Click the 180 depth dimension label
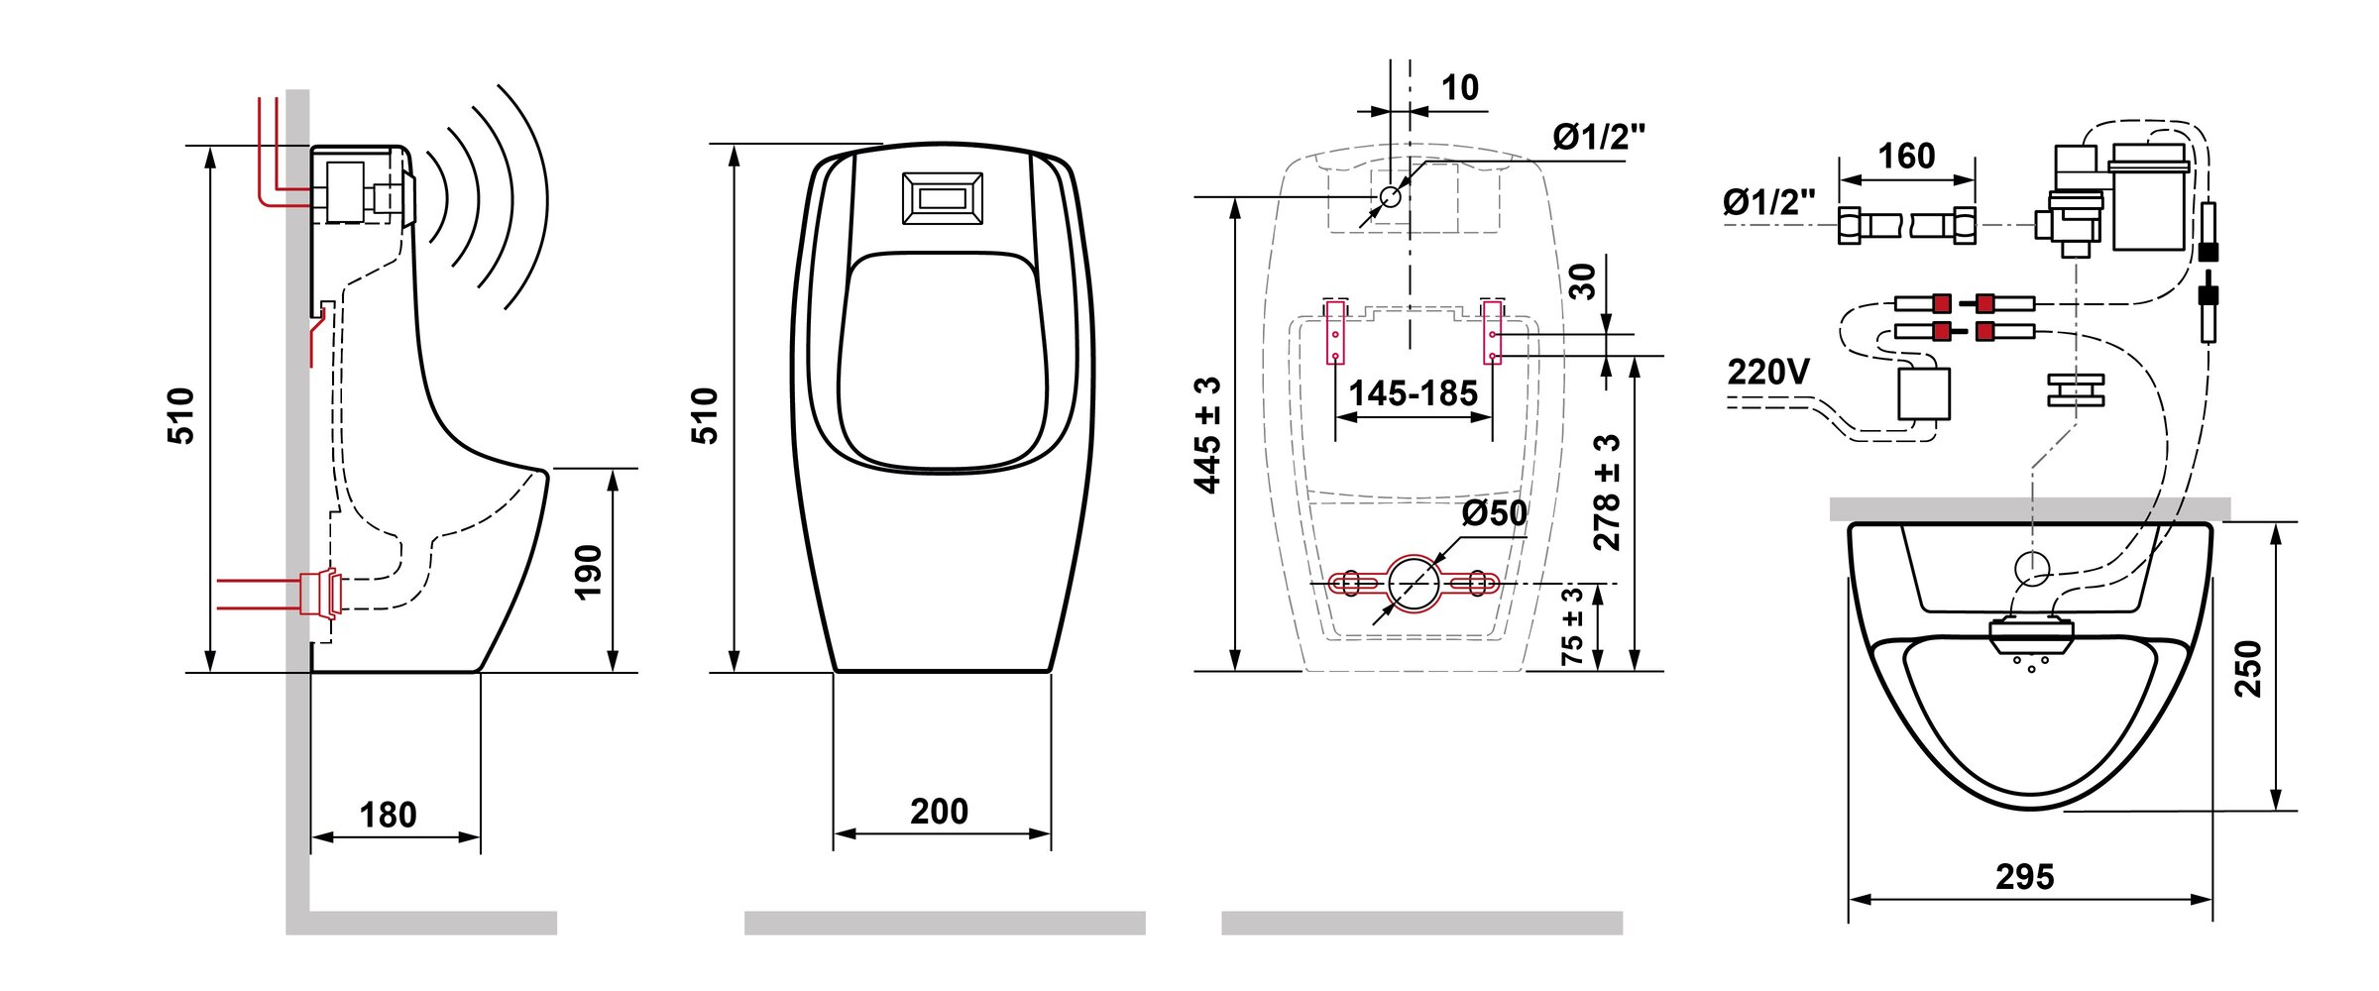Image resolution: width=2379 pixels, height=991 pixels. (x=388, y=816)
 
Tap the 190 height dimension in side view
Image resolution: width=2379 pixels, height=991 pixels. (x=589, y=572)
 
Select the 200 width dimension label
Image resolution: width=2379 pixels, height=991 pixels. (x=940, y=812)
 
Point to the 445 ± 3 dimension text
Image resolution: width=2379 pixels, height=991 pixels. (x=1207, y=434)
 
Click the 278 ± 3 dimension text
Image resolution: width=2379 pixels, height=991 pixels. (x=1607, y=493)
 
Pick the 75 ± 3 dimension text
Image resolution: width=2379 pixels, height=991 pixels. (x=1572, y=626)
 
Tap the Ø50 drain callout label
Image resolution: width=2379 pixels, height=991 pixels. (x=1494, y=513)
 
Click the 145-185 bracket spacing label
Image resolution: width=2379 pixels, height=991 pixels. (x=1413, y=393)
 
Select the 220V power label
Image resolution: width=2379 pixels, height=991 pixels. (x=1768, y=372)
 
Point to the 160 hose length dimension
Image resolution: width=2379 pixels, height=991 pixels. (x=1906, y=156)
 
